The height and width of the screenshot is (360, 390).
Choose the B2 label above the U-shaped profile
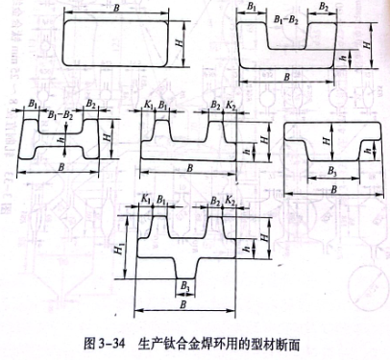(325, 8)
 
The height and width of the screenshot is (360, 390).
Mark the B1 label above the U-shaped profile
(252, 8)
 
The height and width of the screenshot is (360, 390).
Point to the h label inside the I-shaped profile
(60, 140)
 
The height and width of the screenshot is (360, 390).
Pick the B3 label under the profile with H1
(183, 286)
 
